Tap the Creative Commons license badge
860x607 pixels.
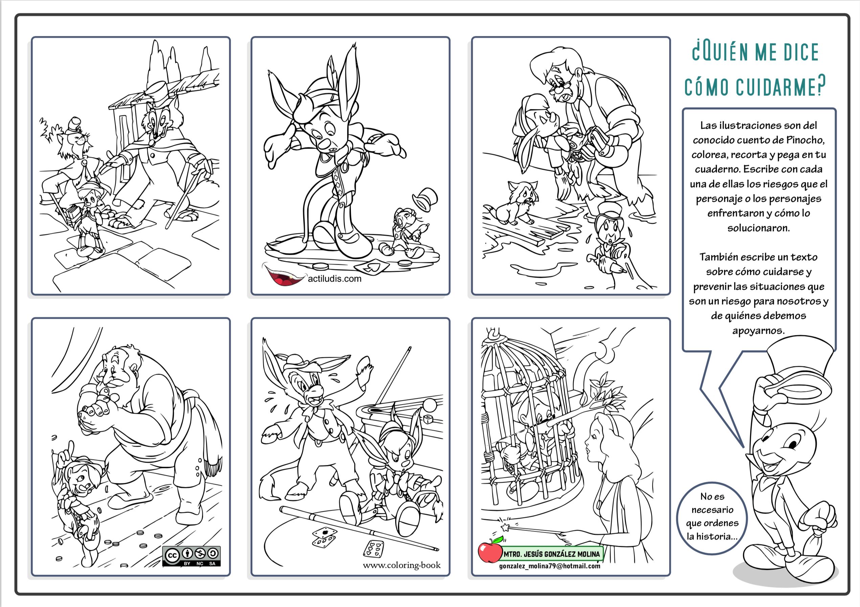[191, 556]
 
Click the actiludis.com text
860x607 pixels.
[335, 279]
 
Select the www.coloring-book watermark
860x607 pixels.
[402, 565]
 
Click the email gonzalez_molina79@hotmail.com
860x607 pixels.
[549, 566]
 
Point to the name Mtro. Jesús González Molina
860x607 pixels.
[551, 554]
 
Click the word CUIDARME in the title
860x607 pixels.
[780, 87]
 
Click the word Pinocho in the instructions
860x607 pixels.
[805, 140]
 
